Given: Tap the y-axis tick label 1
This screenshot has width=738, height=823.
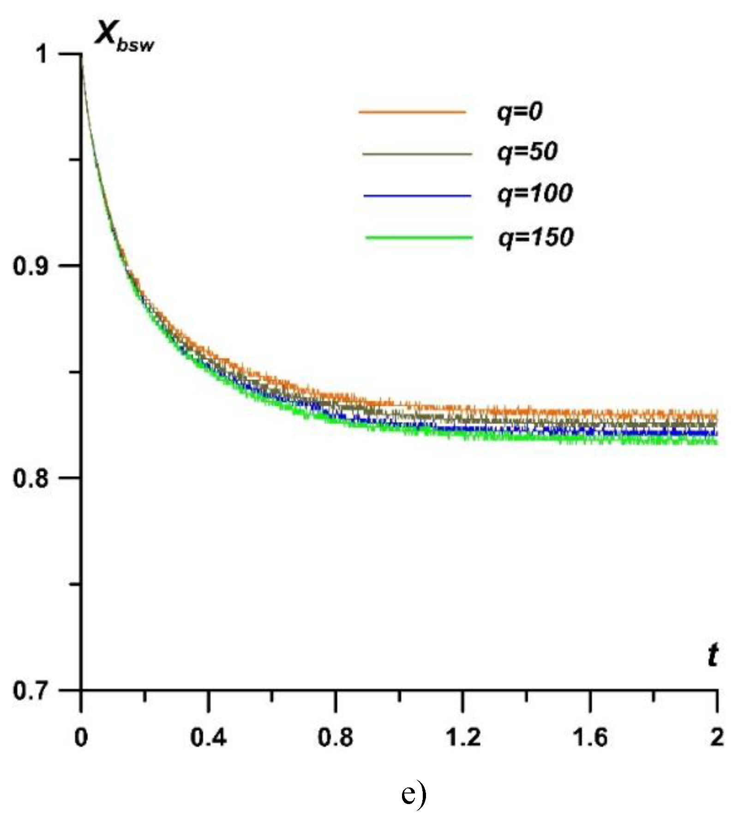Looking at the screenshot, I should click(42, 55).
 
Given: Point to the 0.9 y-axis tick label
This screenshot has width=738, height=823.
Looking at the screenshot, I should click(30, 266).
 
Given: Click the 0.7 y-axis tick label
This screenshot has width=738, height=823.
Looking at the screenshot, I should click(30, 691).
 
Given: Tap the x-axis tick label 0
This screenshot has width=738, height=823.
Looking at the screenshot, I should click(81, 737).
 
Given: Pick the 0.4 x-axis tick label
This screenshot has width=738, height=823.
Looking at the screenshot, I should click(208, 737).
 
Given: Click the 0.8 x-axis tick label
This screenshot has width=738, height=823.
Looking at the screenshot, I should click(335, 737).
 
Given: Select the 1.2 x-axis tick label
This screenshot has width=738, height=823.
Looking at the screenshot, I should click(462, 737).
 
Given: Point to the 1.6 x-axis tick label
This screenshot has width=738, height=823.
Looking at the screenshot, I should click(590, 737).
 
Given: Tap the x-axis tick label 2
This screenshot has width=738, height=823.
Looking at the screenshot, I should click(716, 737).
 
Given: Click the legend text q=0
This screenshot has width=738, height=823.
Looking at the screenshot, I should click(519, 112).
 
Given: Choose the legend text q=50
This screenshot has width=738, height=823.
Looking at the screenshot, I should click(527, 152).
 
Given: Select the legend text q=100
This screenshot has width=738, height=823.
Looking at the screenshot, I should click(534, 193).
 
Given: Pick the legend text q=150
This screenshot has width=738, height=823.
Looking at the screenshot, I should click(535, 237).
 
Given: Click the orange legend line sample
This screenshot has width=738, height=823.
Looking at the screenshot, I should click(412, 112).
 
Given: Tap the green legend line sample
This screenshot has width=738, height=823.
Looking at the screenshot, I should click(419, 238).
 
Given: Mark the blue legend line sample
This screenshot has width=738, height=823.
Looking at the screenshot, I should click(417, 196).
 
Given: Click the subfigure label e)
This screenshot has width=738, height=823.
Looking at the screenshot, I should click(414, 793).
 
